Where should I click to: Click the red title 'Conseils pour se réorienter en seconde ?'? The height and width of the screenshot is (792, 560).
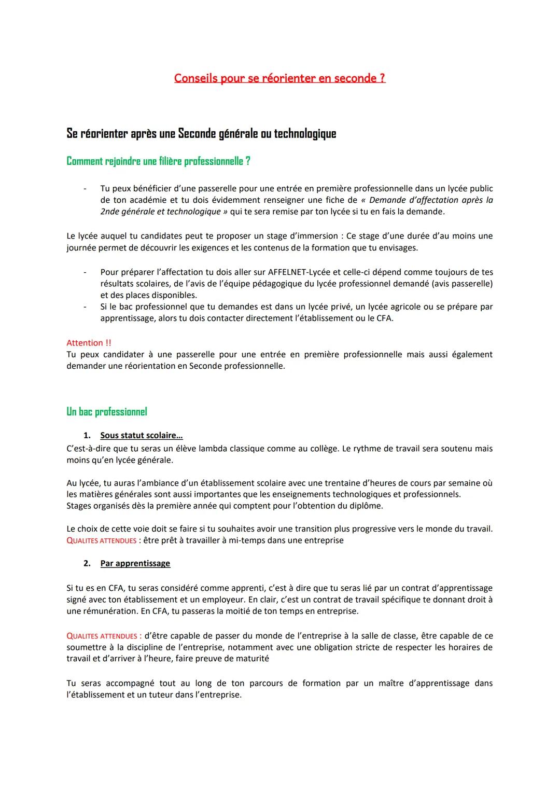tap(279, 78)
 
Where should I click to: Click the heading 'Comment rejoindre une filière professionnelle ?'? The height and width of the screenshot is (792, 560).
tap(158, 161)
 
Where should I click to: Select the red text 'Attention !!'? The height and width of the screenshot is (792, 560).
tap(89, 343)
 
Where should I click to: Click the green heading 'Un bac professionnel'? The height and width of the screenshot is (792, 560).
tap(107, 412)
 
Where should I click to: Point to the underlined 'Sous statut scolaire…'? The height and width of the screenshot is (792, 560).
tap(141, 436)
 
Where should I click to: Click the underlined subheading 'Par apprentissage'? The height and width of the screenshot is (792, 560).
tap(135, 563)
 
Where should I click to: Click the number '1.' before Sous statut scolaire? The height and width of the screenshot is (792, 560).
tap(87, 436)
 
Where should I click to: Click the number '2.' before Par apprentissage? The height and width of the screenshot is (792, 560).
tap(87, 563)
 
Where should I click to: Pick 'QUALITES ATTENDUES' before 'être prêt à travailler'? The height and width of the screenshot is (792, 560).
tap(101, 540)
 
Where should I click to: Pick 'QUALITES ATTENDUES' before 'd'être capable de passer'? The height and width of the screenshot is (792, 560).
tap(101, 636)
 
